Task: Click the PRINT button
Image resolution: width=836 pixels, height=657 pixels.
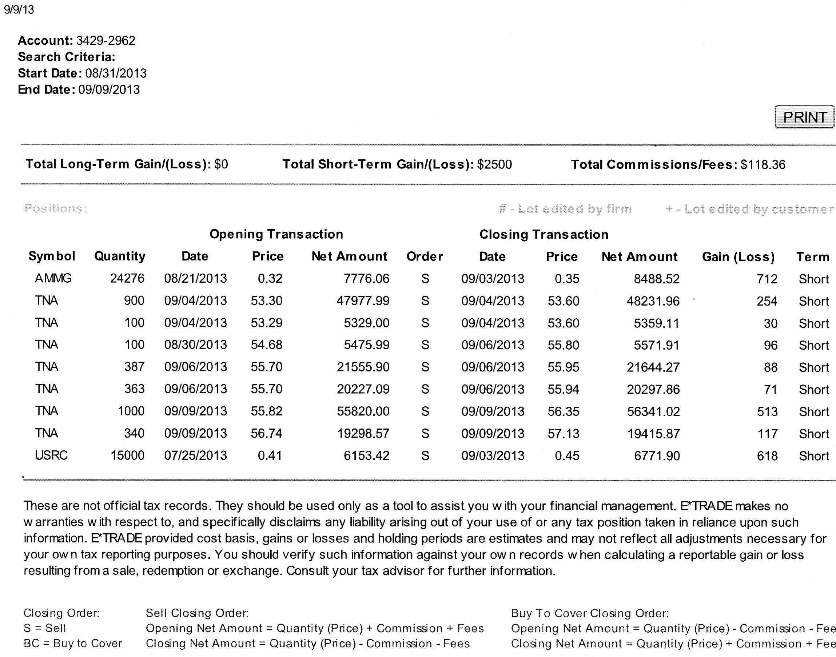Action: tap(804, 117)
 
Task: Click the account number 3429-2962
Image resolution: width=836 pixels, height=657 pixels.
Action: tap(106, 40)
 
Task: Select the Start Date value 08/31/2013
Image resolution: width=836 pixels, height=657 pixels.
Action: tap(116, 73)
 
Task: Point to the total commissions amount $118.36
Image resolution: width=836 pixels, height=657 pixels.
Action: tap(763, 165)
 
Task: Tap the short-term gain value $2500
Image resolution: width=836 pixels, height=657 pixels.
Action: tap(494, 164)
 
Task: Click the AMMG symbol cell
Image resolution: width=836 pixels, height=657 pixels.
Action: tap(53, 278)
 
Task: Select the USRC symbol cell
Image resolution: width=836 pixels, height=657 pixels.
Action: tap(51, 455)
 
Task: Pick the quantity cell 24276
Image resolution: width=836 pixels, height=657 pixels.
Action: tap(127, 278)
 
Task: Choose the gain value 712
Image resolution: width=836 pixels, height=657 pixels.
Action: tap(767, 279)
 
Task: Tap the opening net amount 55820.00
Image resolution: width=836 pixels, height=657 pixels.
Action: tap(363, 411)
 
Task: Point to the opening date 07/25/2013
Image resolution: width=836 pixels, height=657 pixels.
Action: tap(195, 455)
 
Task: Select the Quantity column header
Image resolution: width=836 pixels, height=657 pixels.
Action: tap(120, 256)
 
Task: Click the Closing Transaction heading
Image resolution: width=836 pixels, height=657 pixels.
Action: tap(544, 234)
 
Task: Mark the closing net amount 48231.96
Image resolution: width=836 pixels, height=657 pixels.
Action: tap(653, 301)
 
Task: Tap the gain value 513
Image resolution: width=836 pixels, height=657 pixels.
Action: tap(767, 411)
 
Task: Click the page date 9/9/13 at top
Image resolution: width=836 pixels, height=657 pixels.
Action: tap(19, 9)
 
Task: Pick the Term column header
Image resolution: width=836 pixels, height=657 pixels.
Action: tap(812, 256)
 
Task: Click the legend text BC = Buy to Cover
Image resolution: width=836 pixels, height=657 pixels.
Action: tap(73, 643)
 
